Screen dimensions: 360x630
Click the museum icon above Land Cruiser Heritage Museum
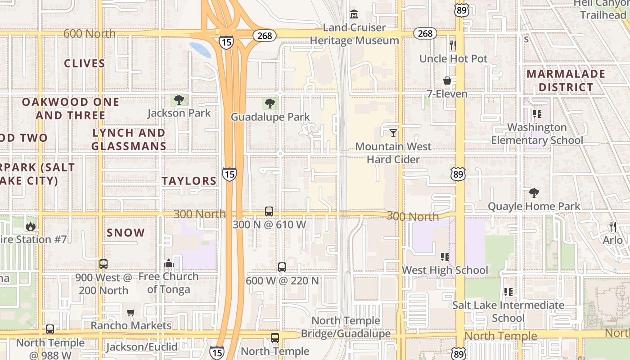tap(354, 14)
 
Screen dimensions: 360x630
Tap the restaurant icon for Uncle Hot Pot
tap(453, 45)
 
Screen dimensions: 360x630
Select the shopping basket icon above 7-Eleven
tap(447, 81)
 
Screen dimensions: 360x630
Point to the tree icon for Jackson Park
tap(179, 99)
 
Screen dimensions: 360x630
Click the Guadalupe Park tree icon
tap(270, 103)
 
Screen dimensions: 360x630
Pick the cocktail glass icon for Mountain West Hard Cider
tap(393, 133)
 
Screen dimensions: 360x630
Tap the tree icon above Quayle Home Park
tap(534, 193)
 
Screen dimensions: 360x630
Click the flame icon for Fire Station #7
tap(31, 226)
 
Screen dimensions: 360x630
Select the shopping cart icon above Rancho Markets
tap(131, 312)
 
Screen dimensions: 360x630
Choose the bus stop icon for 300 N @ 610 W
tap(269, 211)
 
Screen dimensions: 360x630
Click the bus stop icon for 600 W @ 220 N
tap(282, 267)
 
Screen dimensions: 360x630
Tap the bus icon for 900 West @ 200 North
tap(103, 264)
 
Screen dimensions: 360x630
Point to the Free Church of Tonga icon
tap(169, 263)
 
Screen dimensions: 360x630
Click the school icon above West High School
tap(445, 256)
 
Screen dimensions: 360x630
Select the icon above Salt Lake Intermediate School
tap(508, 292)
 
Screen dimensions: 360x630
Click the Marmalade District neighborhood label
tap(566, 81)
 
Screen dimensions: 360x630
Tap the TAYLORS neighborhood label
tap(189, 181)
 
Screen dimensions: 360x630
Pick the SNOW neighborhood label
tap(126, 233)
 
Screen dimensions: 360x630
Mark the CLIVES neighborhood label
tap(85, 63)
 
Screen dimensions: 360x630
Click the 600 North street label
tap(90, 34)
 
